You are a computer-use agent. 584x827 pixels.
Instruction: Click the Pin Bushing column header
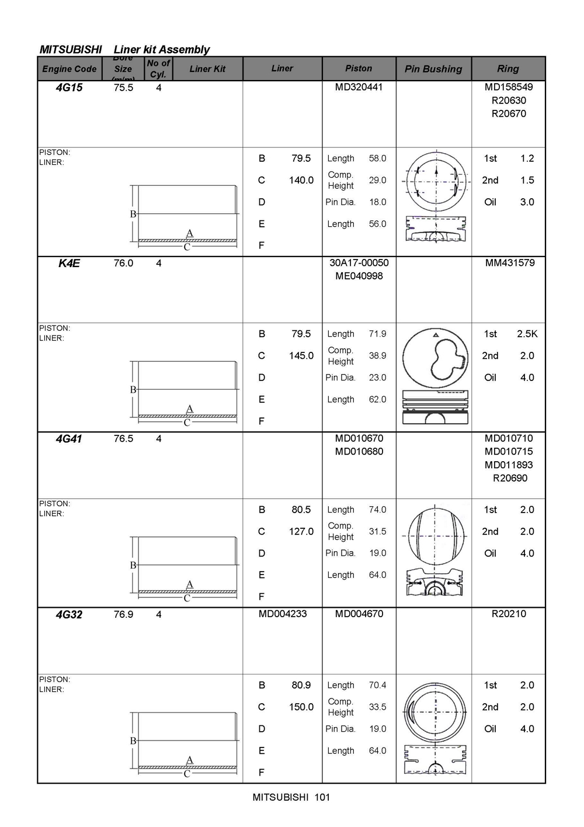(433, 69)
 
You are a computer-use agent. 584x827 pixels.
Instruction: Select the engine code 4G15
(69, 88)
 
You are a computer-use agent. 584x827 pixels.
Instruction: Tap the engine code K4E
(69, 263)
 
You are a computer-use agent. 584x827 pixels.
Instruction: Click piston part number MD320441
(359, 87)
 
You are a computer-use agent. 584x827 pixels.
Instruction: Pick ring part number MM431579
(510, 263)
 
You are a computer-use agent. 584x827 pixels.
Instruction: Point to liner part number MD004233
(283, 614)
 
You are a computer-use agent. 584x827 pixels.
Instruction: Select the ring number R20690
(510, 478)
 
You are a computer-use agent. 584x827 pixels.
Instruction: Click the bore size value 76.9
(123, 614)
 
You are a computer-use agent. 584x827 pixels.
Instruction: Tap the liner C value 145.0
(301, 355)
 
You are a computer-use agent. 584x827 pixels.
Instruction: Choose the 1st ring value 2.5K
(527, 334)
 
